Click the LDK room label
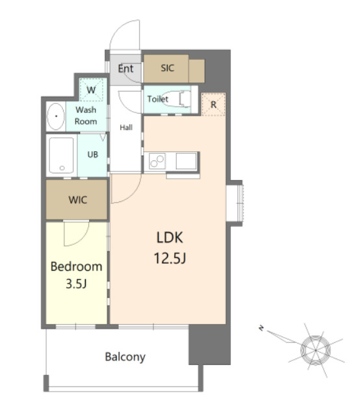pos(170,238)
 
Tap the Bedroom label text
pos(76,267)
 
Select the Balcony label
pos(125,357)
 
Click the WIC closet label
pos(78,200)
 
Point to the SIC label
pos(167,68)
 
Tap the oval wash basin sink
pos(56,116)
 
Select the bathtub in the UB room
pos(61,155)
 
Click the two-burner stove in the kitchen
pos(157,162)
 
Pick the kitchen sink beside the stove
pos(186,162)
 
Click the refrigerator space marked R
pos(214,105)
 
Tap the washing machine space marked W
pos(91,90)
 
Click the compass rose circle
pos(315,350)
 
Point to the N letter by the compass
pos(261,328)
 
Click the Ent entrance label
pos(125,68)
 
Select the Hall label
pos(126,127)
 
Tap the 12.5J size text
pos(170,258)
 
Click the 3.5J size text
pos(76,284)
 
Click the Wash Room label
pos(86,116)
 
